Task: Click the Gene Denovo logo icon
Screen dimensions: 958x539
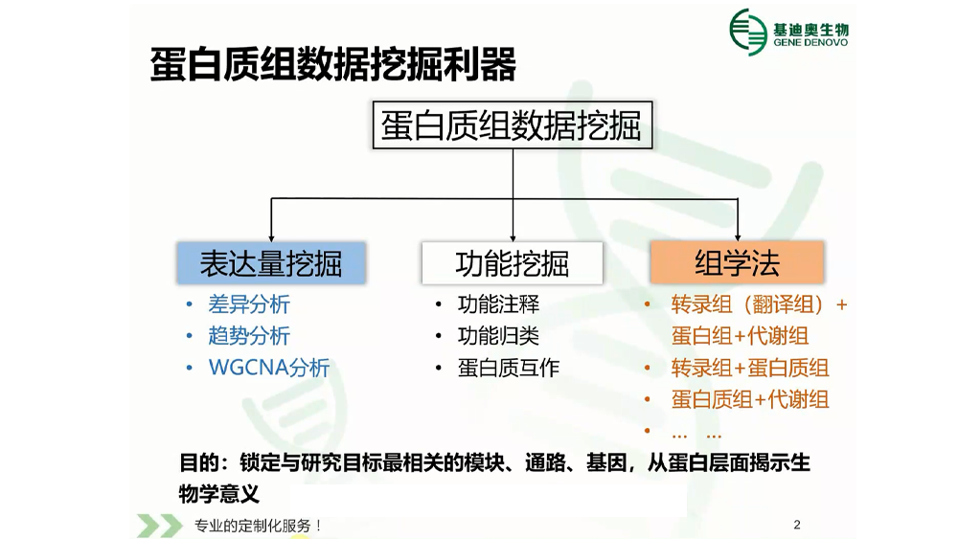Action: pos(748,32)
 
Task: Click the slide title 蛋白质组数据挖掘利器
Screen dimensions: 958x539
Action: pos(333,64)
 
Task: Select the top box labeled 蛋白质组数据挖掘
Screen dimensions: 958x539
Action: pos(513,125)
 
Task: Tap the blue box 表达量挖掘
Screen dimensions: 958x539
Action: pos(271,263)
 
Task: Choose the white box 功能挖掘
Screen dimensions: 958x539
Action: pos(512,263)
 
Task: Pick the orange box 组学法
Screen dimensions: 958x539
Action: pos(738,263)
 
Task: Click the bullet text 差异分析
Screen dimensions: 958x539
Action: pos(249,304)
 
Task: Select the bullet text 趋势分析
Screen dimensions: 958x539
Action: pos(249,336)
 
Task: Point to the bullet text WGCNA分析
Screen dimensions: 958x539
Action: pos(269,368)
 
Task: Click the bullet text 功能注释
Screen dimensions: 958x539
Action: pos(498,304)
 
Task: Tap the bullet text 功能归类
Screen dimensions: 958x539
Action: pos(498,336)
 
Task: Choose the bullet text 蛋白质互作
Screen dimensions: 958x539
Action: pos(509,368)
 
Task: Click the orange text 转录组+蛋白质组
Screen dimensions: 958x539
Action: pos(750,368)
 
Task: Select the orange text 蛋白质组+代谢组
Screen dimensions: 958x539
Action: pos(750,400)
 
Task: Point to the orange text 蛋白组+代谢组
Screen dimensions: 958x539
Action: pos(740,336)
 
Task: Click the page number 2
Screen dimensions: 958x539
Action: pos(797,525)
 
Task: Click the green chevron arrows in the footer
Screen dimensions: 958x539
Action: pos(160,526)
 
